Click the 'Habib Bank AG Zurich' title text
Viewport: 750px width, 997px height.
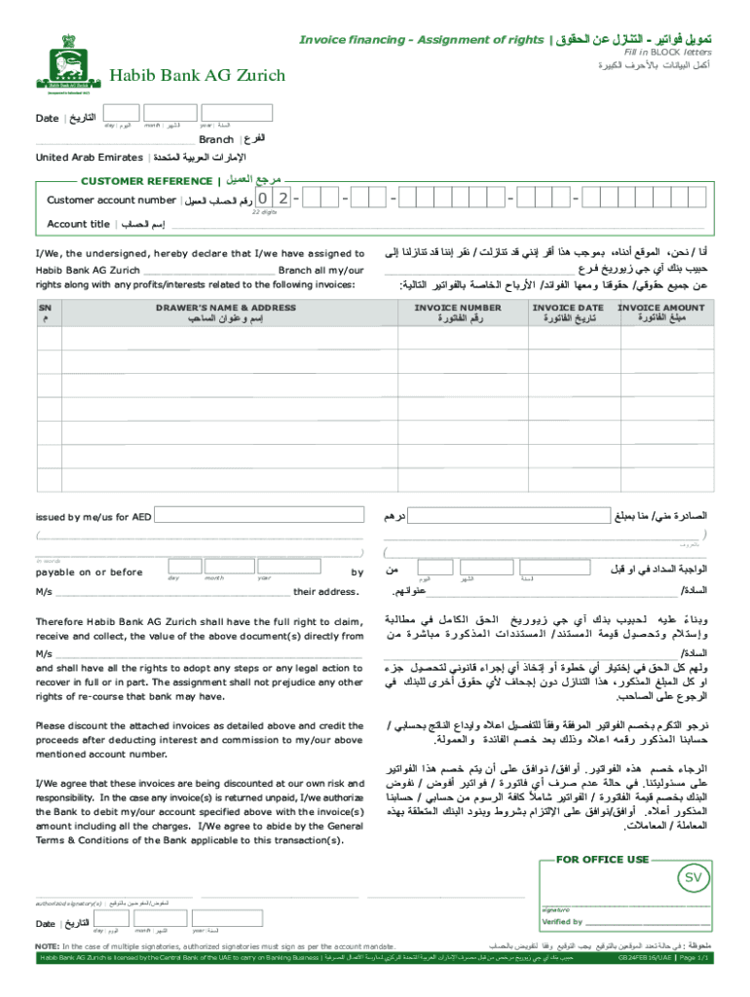coord(197,75)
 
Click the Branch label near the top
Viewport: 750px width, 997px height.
coord(216,140)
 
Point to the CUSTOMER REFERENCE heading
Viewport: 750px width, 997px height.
coord(146,181)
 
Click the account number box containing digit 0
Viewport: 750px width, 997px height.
coord(263,200)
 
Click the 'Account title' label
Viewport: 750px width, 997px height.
coord(79,224)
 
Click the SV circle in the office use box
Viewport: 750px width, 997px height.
coord(694,879)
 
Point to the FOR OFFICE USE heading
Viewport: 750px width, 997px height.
coord(602,860)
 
